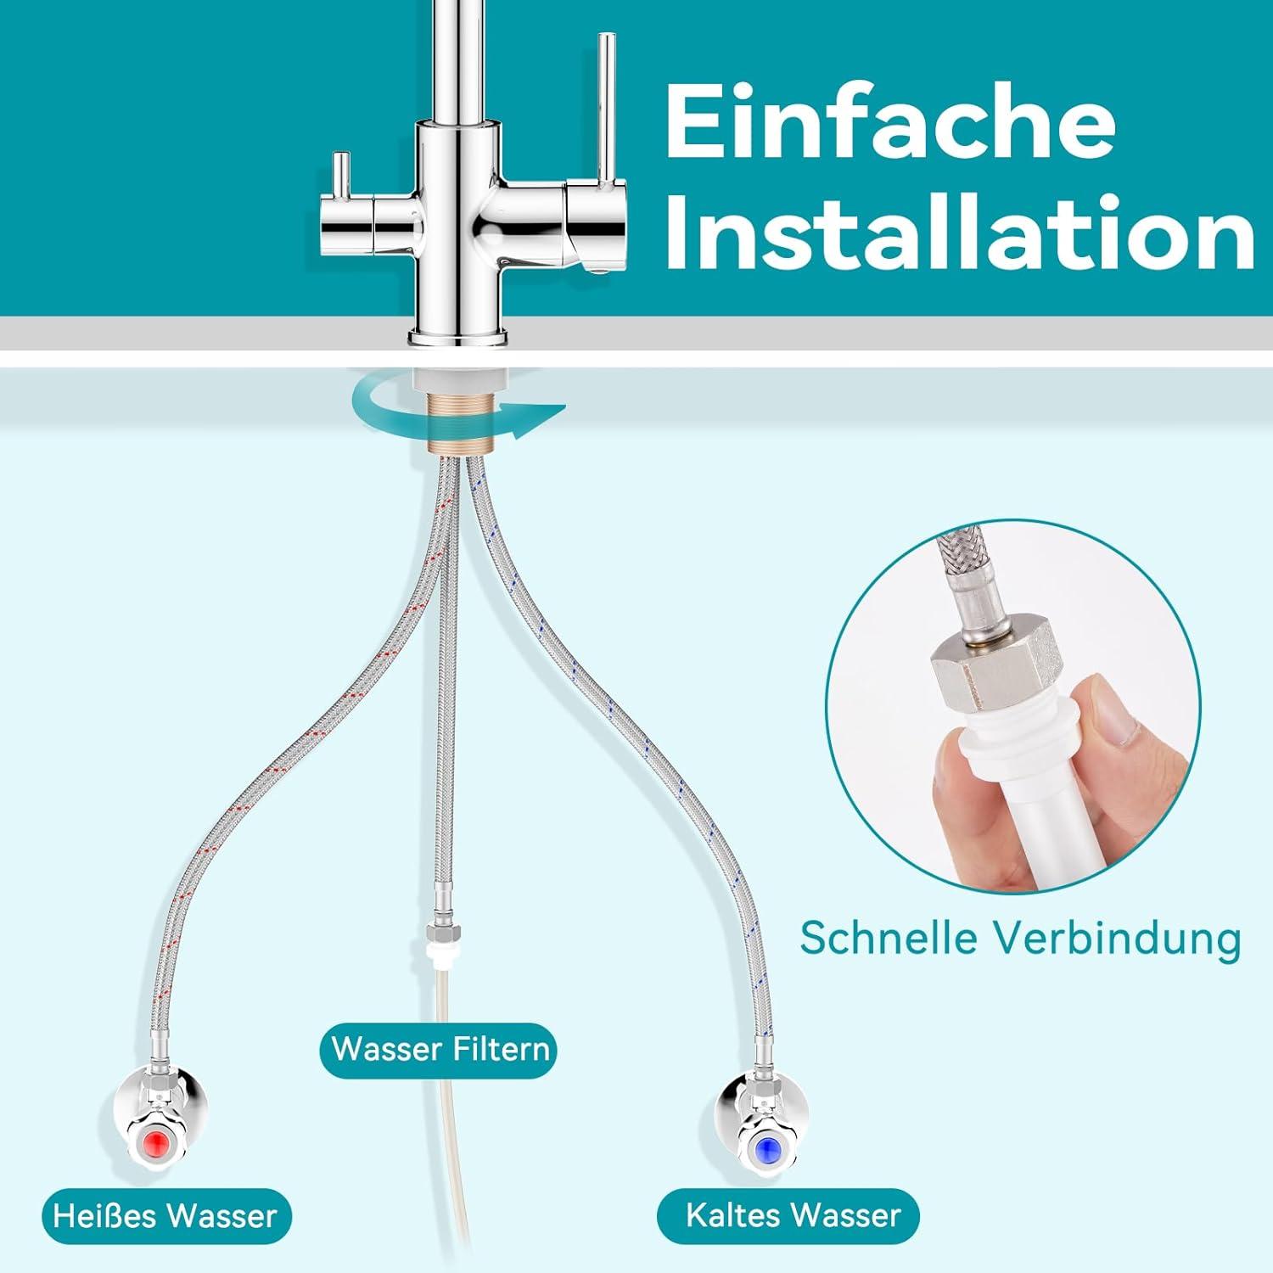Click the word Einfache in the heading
pos(890,123)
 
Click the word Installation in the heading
pos(959,231)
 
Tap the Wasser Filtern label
pos(439,1049)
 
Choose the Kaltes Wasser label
pos(792,1215)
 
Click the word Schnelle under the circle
pos(889,939)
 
